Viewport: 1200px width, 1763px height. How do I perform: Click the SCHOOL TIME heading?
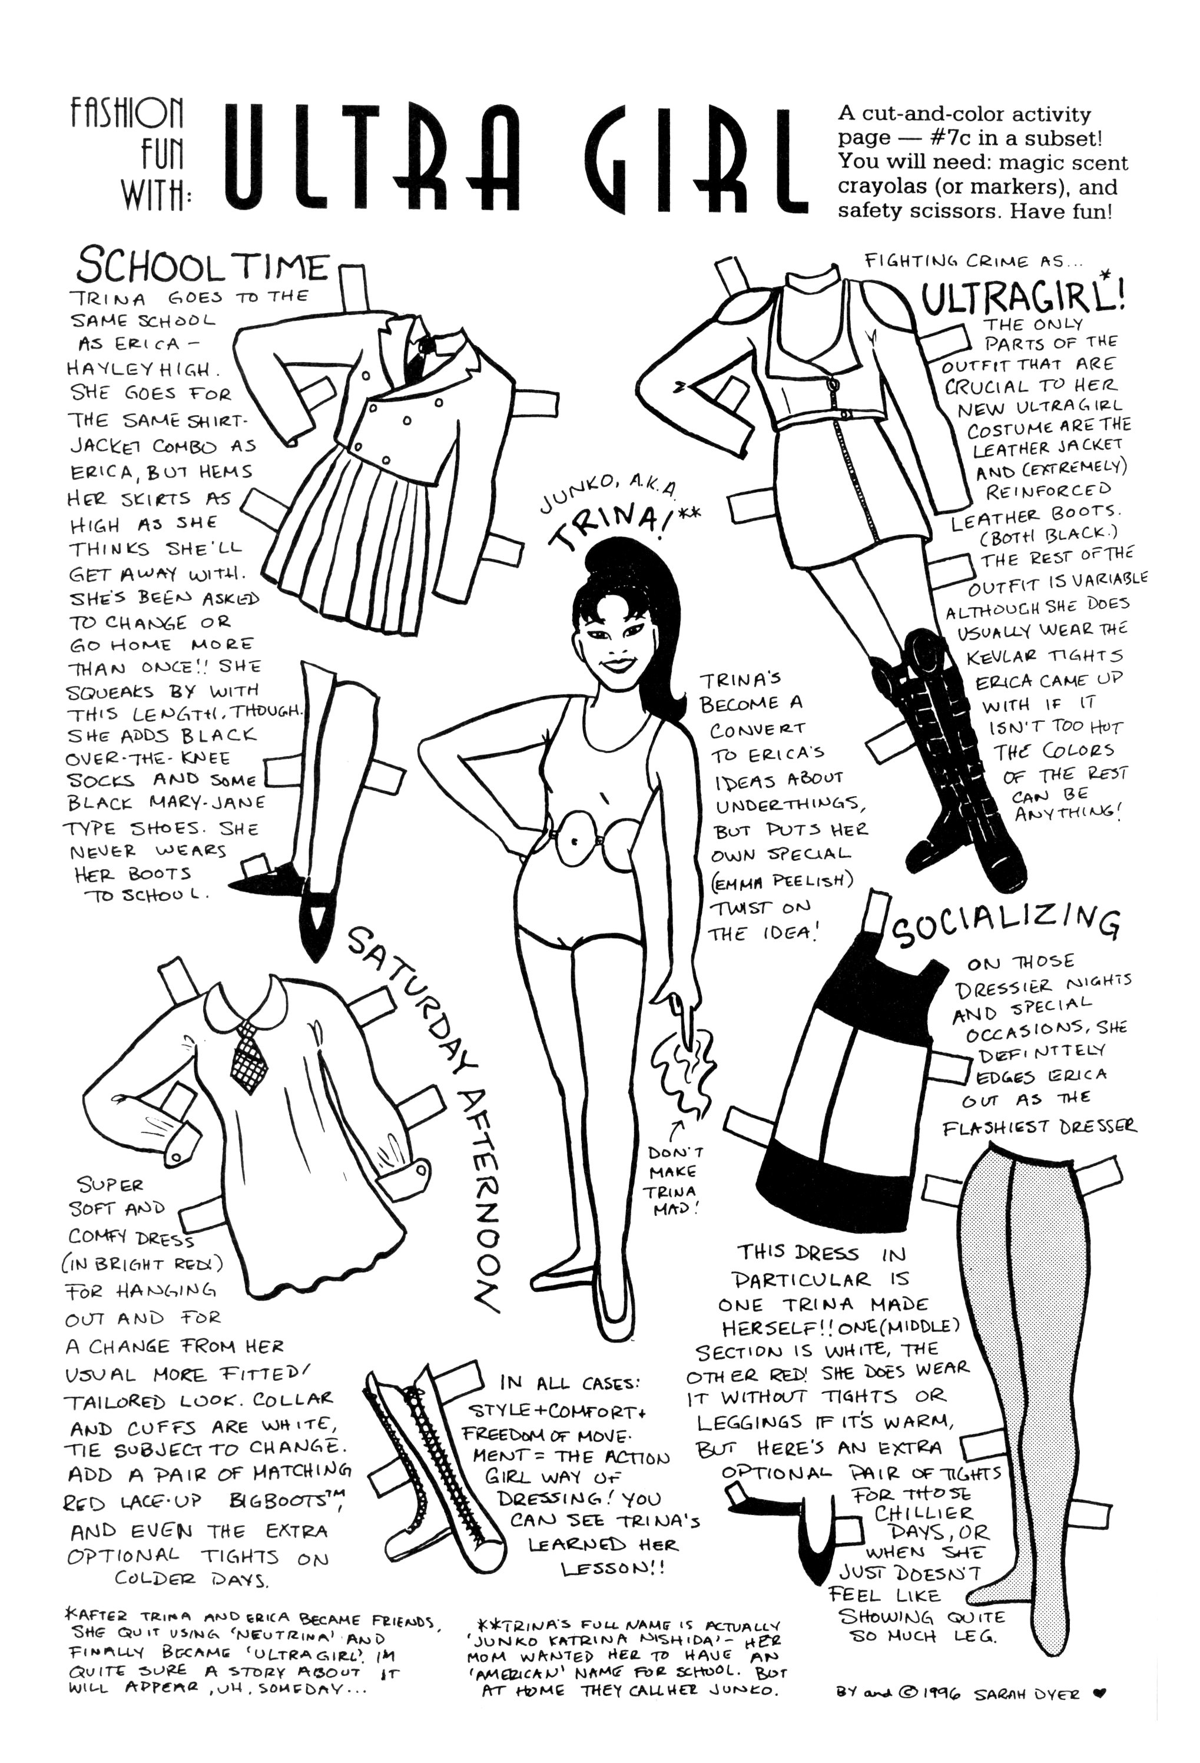(x=203, y=267)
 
